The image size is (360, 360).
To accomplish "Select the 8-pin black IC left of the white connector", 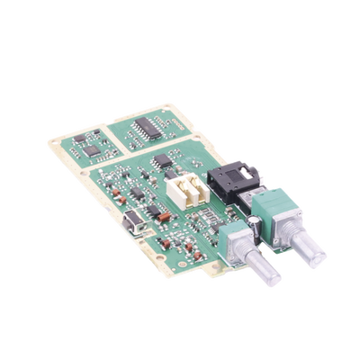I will pos(163,163).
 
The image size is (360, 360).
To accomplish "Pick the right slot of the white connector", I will pos(192,187).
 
